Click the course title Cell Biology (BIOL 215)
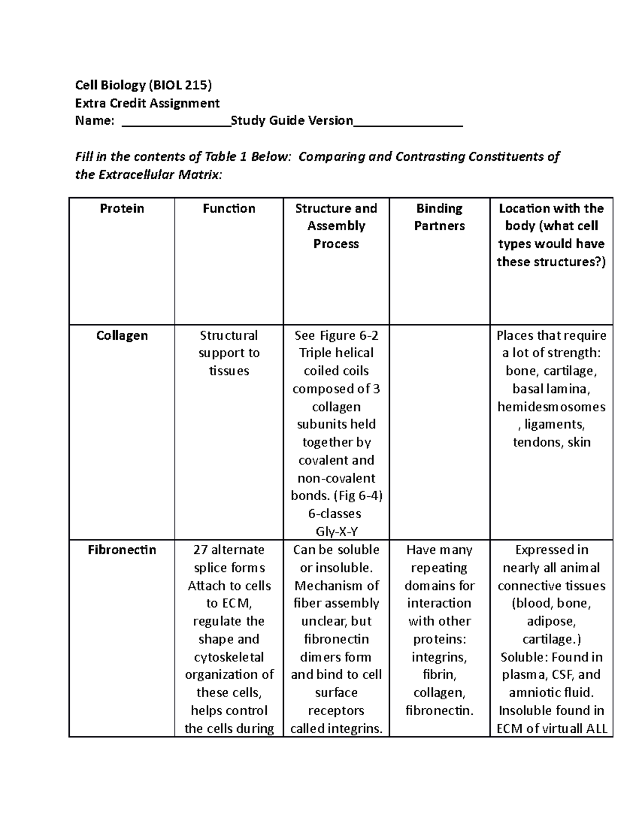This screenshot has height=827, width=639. tap(143, 85)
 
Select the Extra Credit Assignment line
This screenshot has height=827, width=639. tap(147, 103)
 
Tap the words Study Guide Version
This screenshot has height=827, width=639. tap(292, 121)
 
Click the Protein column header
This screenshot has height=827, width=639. tap(122, 208)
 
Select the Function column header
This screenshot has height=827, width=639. tap(229, 208)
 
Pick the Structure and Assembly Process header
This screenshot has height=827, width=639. tap(336, 226)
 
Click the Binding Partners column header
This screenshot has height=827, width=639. tap(439, 217)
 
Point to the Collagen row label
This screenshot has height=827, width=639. tap(122, 335)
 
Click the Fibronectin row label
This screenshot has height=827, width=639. tap(122, 550)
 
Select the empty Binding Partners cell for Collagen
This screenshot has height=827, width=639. tap(439, 431)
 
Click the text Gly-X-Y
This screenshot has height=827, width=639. tap(336, 531)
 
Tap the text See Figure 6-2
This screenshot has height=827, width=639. tap(336, 335)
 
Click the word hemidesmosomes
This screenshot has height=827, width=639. tap(551, 407)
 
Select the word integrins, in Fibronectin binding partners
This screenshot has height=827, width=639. tap(439, 657)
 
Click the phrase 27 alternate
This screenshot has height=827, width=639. tap(229, 550)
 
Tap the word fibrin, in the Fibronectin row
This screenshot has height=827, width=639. tap(439, 675)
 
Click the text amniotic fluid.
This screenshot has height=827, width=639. tap(551, 692)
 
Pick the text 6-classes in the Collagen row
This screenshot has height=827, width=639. tap(335, 514)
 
